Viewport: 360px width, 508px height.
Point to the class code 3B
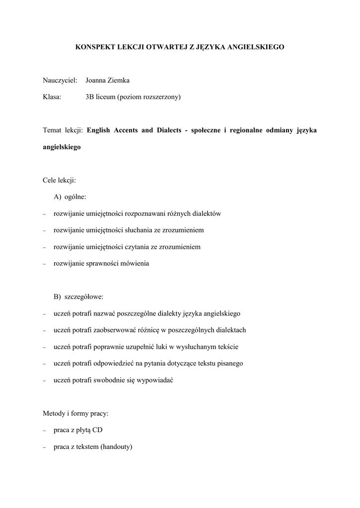[90, 97]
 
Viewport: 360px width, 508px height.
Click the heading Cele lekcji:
[60, 180]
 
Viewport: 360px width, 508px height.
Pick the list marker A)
[58, 197]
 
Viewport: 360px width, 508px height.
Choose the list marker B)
[58, 297]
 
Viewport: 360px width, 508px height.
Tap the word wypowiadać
[156, 380]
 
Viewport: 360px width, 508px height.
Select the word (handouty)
[116, 446]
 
